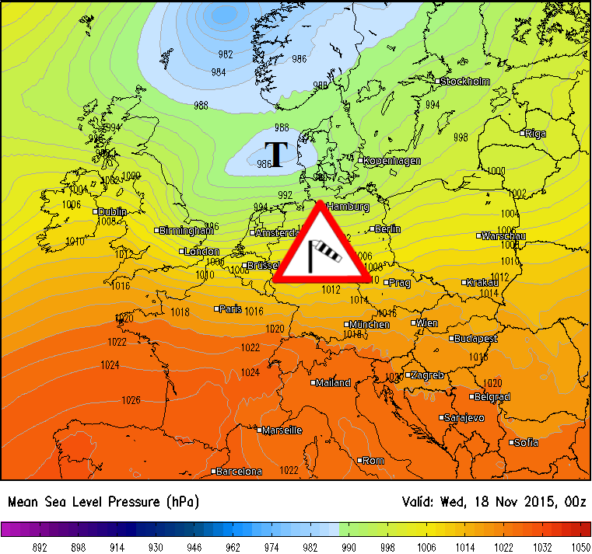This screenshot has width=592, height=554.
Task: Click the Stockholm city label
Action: pyautogui.click(x=468, y=82)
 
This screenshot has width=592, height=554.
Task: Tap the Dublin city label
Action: pyautogui.click(x=114, y=211)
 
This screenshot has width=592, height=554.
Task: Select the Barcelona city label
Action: pyautogui.click(x=240, y=472)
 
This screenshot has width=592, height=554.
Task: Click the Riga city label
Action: pyautogui.click(x=536, y=134)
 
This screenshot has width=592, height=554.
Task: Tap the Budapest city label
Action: pyautogui.click(x=477, y=339)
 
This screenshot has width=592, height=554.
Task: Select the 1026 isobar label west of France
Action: pyautogui.click(x=131, y=401)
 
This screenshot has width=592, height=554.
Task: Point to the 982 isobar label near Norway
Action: pyautogui.click(x=226, y=54)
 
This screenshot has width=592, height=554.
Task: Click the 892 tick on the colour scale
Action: pyautogui.click(x=40, y=547)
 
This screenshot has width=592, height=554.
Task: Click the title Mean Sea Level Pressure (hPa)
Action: pyautogui.click(x=103, y=502)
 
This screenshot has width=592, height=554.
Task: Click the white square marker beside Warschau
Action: pyautogui.click(x=478, y=235)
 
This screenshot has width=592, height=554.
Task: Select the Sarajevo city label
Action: pyautogui.click(x=465, y=418)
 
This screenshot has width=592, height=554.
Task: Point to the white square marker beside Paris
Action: pyautogui.click(x=216, y=308)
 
